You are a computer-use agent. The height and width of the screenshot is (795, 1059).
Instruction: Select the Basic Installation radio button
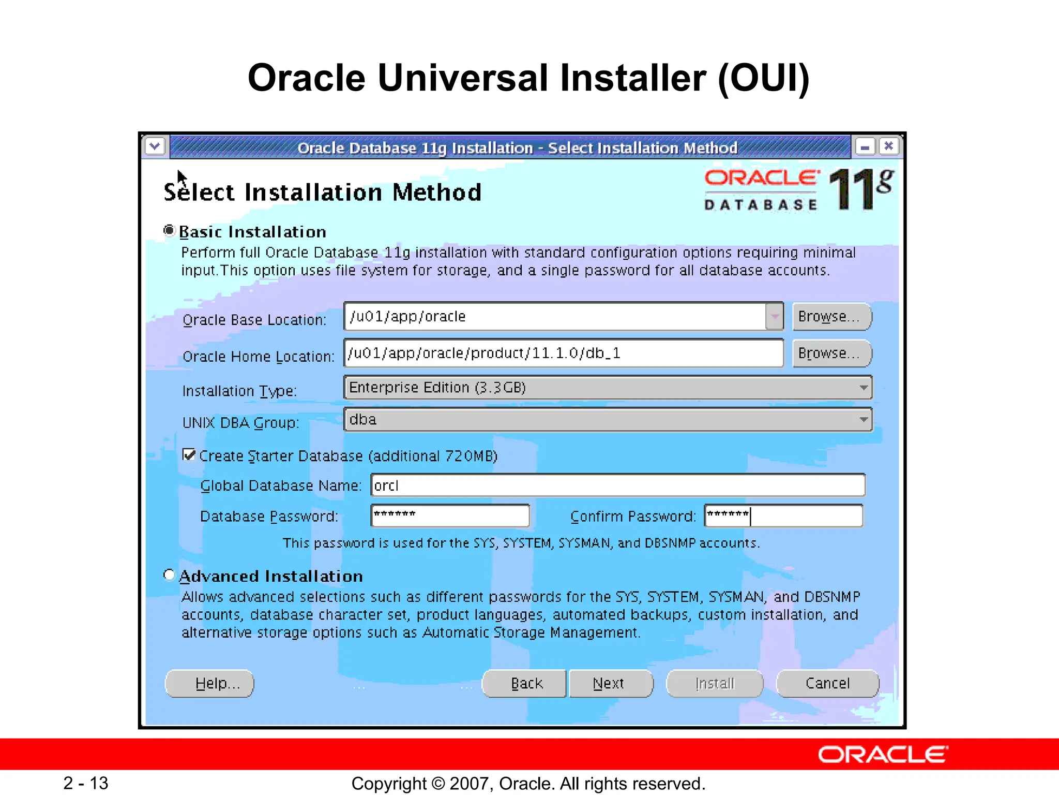(169, 230)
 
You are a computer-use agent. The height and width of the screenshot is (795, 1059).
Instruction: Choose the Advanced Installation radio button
(169, 575)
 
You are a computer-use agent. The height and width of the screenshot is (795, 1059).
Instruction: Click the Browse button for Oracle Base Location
(831, 316)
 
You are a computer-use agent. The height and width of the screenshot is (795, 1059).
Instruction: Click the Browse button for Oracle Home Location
(831, 353)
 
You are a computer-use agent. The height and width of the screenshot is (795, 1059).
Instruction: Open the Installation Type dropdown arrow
(863, 388)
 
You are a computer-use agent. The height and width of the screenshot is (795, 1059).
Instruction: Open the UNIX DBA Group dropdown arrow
(863, 420)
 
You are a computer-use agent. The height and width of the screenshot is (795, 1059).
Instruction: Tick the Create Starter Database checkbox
(189, 455)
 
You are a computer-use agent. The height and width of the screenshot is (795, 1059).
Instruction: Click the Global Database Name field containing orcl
(617, 485)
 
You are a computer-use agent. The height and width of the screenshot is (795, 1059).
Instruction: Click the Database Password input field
(450, 516)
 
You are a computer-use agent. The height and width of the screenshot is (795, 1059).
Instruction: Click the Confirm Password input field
(783, 516)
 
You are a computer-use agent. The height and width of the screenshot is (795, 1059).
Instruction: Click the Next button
(610, 683)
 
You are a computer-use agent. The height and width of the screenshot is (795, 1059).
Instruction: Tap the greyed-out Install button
(715, 683)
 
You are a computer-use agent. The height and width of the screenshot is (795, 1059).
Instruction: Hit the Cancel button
(827, 683)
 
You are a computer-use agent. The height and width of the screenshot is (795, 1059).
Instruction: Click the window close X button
(888, 146)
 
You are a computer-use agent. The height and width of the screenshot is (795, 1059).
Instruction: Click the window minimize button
(865, 146)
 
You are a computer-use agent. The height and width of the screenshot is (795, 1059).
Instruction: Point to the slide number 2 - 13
(86, 783)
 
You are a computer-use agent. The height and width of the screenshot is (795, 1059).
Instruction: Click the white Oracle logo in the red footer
(883, 754)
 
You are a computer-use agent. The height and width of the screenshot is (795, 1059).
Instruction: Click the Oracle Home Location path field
(564, 353)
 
